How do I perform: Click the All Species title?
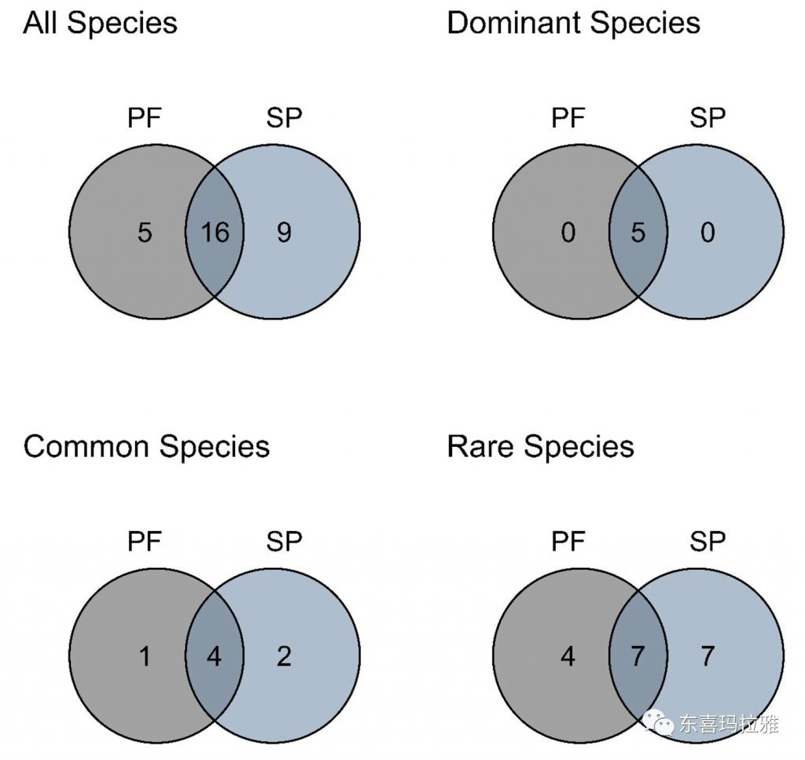(x=100, y=23)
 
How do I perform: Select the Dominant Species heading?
(x=573, y=23)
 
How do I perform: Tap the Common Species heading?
(x=146, y=447)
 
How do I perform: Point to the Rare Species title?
(x=540, y=447)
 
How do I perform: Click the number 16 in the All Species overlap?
(x=215, y=233)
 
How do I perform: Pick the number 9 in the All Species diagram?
(x=284, y=233)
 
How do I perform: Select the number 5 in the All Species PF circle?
(x=145, y=233)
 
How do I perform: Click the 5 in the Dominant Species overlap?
(x=638, y=233)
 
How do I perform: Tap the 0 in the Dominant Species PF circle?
(x=568, y=233)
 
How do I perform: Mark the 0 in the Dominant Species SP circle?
(x=708, y=233)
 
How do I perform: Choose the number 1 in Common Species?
(x=145, y=656)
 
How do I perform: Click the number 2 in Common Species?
(x=284, y=656)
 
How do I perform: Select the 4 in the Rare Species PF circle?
(x=568, y=656)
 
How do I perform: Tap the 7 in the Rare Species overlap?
(x=638, y=656)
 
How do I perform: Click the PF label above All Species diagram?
(x=145, y=119)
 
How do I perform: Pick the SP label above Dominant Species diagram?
(x=708, y=119)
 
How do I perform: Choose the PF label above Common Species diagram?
(x=145, y=542)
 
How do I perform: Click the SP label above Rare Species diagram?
(x=708, y=542)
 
